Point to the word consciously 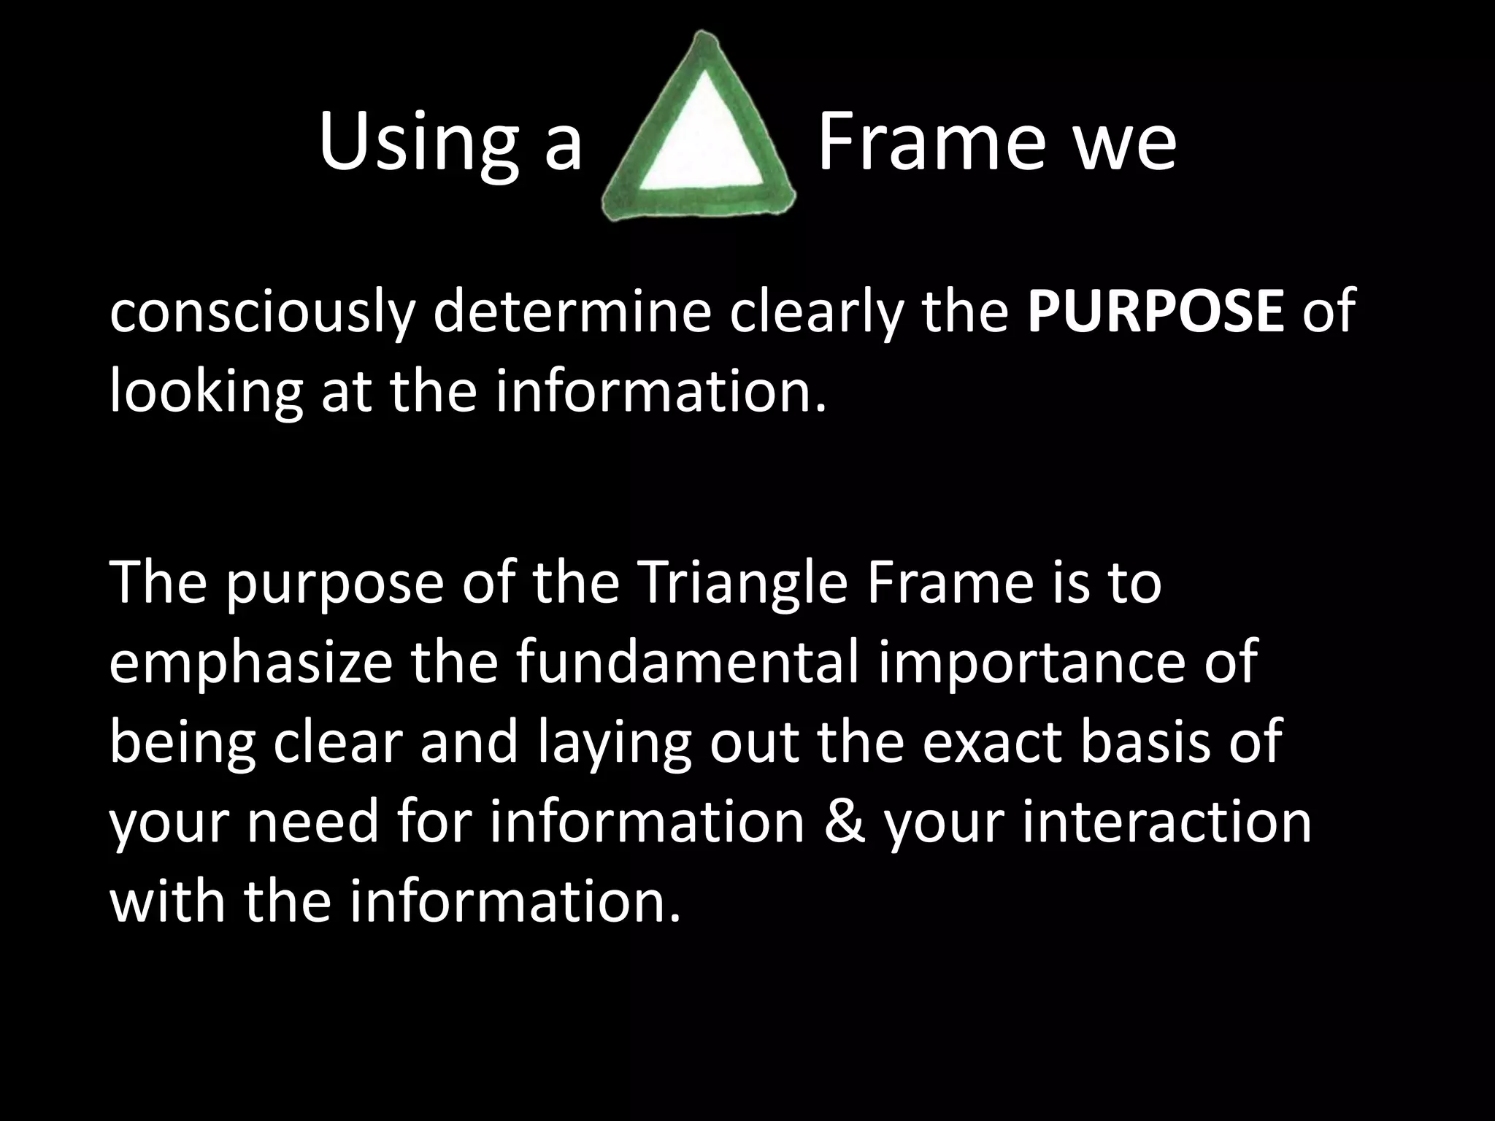pos(262,312)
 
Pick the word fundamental pos(686,663)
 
